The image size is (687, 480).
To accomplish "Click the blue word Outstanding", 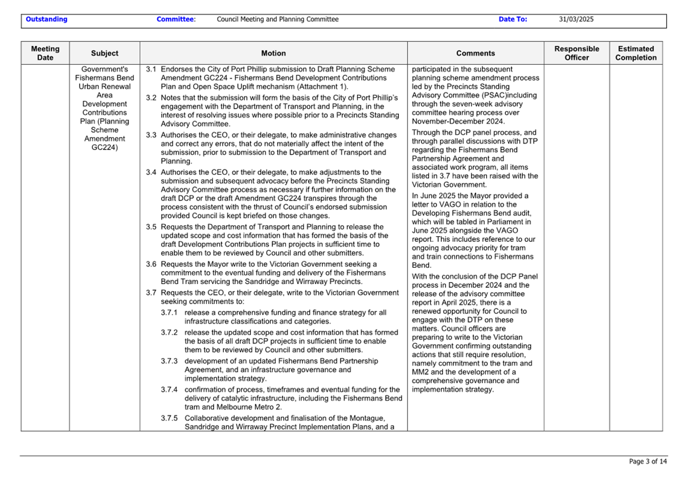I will (x=46, y=19).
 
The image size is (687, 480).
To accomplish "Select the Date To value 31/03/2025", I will (x=576, y=19).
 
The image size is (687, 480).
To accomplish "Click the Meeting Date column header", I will (x=45, y=53).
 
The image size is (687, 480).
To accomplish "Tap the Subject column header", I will (x=105, y=53).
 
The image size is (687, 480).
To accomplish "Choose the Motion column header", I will (x=273, y=53).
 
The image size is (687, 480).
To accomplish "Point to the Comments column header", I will (x=475, y=53).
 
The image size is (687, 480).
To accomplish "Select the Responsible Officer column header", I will (x=576, y=53).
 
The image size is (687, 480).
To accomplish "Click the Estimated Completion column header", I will (x=635, y=53).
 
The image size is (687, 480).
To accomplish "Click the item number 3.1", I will (x=151, y=69).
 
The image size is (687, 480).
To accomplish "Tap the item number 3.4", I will (x=151, y=172).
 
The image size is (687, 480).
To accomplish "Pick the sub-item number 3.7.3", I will (x=169, y=361).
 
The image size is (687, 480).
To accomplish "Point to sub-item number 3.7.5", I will (x=169, y=418).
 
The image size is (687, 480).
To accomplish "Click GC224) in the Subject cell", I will (x=105, y=147).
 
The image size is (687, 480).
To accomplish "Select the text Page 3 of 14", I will (x=648, y=462).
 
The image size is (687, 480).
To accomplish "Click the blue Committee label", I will (x=175, y=19).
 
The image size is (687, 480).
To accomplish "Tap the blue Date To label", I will (x=513, y=19).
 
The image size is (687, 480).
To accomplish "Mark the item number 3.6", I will (x=151, y=264).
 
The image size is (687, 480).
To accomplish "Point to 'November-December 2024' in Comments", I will (x=458, y=121).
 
